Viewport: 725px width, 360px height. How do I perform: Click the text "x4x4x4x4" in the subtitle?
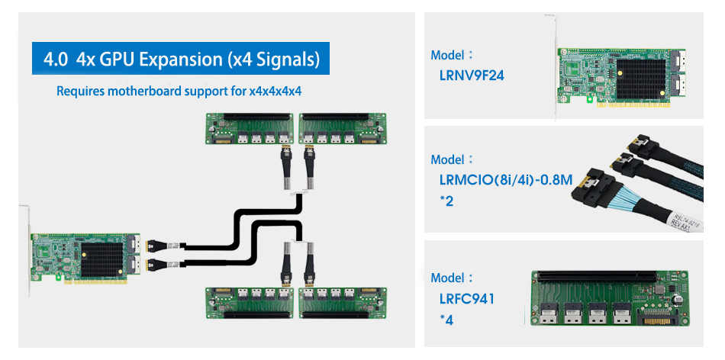pyautogui.click(x=275, y=92)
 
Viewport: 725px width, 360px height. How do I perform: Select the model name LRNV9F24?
pyautogui.click(x=472, y=76)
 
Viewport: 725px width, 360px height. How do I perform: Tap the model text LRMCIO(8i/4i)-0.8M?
pyautogui.click(x=504, y=180)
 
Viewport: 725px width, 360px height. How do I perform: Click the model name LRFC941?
pyautogui.click(x=467, y=298)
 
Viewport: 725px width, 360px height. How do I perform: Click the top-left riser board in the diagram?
pyautogui.click(x=250, y=128)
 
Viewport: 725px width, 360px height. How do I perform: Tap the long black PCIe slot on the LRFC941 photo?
pyautogui.click(x=611, y=277)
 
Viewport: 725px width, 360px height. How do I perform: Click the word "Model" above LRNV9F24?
pyautogui.click(x=448, y=56)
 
